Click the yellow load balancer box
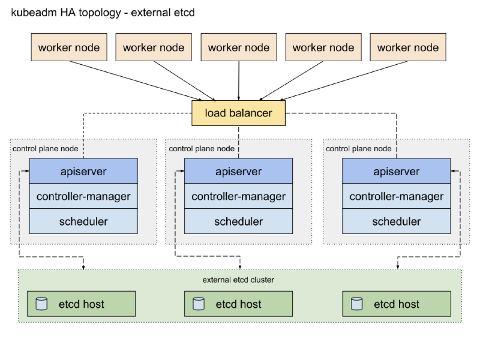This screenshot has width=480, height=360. pyautogui.click(x=238, y=113)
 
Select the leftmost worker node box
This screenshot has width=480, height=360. pyautogui.click(x=69, y=47)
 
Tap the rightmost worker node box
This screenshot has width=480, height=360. pyautogui.click(x=408, y=47)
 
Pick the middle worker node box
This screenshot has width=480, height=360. pyautogui.click(x=239, y=47)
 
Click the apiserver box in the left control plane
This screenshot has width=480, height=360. pyautogui.click(x=83, y=171)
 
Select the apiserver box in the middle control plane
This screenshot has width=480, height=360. pyautogui.click(x=239, y=171)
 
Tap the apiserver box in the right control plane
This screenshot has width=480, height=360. pyautogui.click(x=397, y=171)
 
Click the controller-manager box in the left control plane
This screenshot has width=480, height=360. pyautogui.click(x=83, y=196)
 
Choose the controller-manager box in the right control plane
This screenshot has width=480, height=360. pyautogui.click(x=397, y=196)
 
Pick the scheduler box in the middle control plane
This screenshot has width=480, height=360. pyautogui.click(x=239, y=221)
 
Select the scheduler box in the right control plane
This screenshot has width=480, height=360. pyautogui.click(x=397, y=221)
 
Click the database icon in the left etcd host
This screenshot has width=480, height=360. pyautogui.click(x=42, y=304)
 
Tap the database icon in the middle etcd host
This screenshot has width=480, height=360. pyautogui.click(x=198, y=304)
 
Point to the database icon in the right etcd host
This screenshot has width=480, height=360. pyautogui.click(x=356, y=304)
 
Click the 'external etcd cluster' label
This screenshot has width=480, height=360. pyautogui.click(x=238, y=280)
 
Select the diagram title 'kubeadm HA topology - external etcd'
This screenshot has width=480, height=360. pyautogui.click(x=102, y=12)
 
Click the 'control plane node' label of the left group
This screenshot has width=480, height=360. pyautogui.click(x=45, y=149)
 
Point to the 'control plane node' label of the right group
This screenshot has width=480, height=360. pyautogui.click(x=358, y=149)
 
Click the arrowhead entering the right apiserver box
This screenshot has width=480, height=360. pyautogui.click(x=453, y=171)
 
